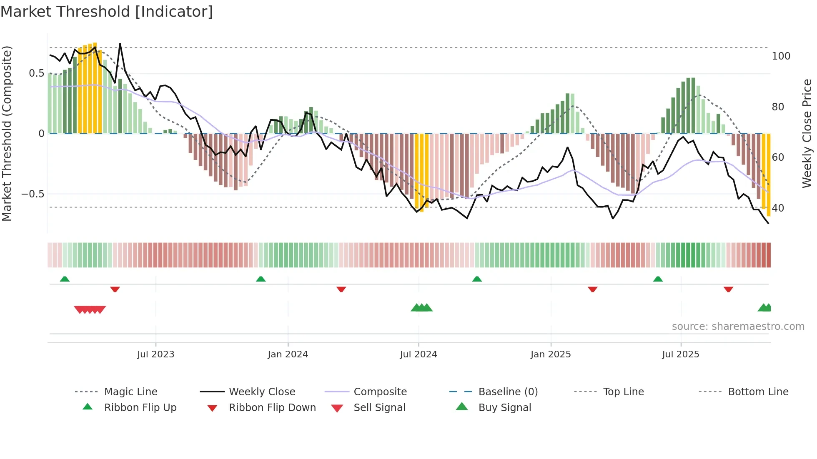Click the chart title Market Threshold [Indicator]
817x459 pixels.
(107, 12)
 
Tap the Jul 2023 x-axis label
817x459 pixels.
(155, 354)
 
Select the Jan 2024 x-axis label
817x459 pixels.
(288, 354)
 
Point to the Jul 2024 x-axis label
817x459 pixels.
(419, 354)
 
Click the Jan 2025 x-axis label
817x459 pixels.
(551, 354)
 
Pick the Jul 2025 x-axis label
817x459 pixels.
(681, 354)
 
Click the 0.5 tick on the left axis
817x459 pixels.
(36, 73)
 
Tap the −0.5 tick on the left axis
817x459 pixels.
(33, 194)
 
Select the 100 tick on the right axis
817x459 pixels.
(781, 56)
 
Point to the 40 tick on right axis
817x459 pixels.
(778, 208)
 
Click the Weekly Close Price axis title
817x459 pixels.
(807, 133)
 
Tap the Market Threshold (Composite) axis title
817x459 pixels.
(7, 133)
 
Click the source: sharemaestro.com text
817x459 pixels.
(738, 327)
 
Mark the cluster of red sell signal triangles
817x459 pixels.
(90, 309)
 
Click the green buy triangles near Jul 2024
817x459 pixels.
(421, 308)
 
